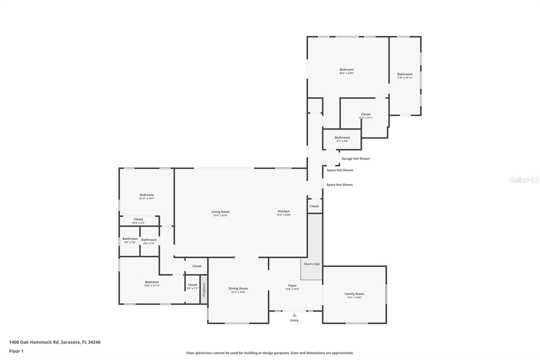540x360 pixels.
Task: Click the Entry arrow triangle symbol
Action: (294, 315)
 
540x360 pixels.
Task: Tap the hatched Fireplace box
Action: (204, 289)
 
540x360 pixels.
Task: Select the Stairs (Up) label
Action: (312, 264)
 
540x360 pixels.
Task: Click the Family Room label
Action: (354, 294)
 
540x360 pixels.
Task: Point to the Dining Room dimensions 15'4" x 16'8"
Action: (238, 292)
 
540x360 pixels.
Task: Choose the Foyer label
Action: (292, 285)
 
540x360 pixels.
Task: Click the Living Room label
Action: (220, 212)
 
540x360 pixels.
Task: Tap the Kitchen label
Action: (283, 211)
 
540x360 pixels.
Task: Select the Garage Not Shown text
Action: (355, 158)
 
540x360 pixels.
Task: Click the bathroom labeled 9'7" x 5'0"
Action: (342, 139)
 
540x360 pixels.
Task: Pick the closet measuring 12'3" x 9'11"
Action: (366, 116)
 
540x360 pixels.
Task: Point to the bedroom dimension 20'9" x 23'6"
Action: (346, 73)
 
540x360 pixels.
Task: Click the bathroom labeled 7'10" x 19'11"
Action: (405, 76)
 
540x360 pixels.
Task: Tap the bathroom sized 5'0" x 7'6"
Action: (130, 240)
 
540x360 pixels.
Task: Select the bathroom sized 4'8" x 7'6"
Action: (149, 241)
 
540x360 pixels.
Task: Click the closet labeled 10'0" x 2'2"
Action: (138, 221)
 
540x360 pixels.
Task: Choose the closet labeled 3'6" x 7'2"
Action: (192, 286)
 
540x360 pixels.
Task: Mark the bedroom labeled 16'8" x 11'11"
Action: (152, 284)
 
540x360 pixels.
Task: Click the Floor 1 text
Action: (16, 351)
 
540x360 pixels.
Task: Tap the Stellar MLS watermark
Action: (524, 180)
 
